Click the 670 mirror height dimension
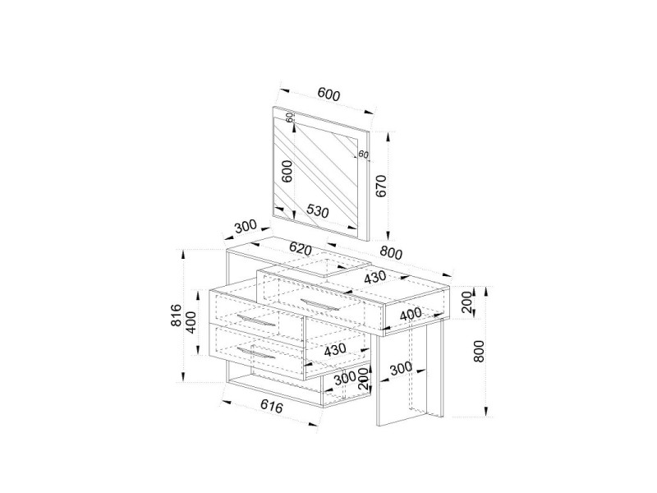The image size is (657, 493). [381, 186]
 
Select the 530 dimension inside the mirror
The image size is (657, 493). [317, 211]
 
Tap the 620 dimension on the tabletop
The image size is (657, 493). [301, 249]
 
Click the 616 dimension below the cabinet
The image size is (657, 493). [272, 406]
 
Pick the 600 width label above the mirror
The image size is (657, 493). [328, 94]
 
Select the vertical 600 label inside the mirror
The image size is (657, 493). [287, 171]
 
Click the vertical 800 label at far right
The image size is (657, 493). [479, 351]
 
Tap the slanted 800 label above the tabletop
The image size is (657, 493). [391, 252]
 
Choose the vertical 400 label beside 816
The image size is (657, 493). [191, 322]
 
